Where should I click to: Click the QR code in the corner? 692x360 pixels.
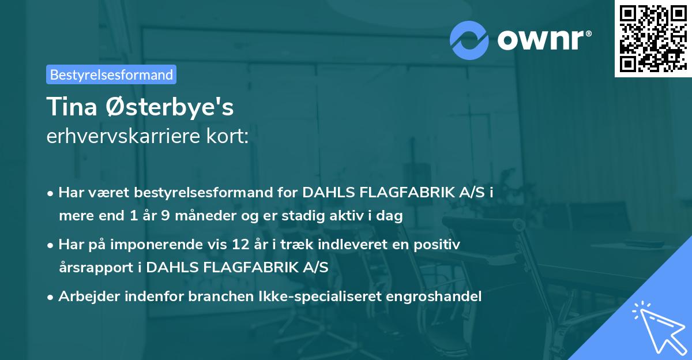pos(652,38)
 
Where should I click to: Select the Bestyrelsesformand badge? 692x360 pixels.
pos(111,74)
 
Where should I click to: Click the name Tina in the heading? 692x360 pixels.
pos(70,107)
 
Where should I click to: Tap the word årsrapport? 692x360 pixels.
pos(99,267)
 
